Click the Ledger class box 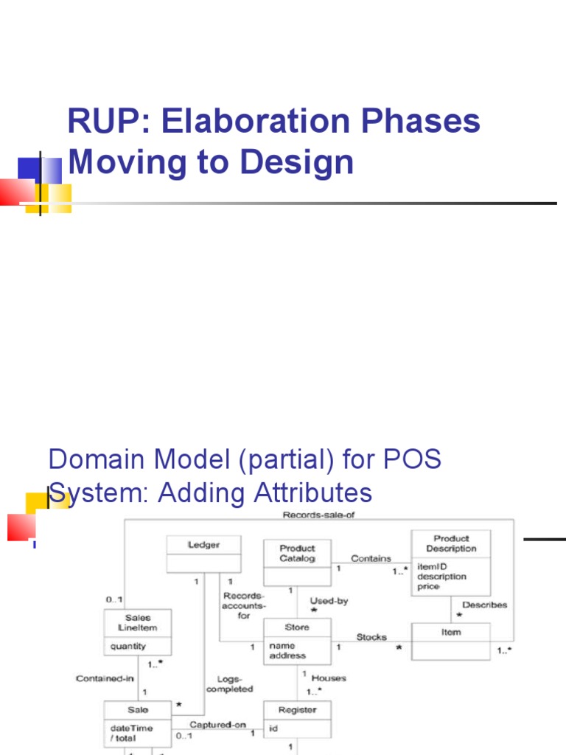pos(203,553)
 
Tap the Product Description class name pos(451,543)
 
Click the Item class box pos(450,641)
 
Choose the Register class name pos(297,710)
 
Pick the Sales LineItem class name pos(138,623)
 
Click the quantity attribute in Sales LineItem pos(128,646)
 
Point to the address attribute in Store pos(287,655)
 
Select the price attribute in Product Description pos(428,586)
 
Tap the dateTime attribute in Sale pos(131,728)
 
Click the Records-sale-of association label pos(319,515)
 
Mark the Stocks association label pos(371,636)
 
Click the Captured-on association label pos(217,724)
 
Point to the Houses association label pos(328,678)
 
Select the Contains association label pos(371,558)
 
